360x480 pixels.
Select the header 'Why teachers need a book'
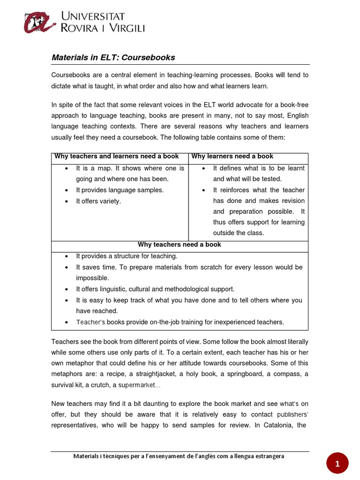tap(180, 245)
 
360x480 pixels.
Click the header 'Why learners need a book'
tap(232, 156)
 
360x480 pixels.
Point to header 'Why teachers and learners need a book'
tap(117, 156)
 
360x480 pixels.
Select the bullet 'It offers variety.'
tap(98, 201)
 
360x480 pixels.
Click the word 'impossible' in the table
tap(92, 278)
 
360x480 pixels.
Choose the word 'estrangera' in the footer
tap(266, 456)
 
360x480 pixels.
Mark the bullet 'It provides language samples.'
tap(120, 190)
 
